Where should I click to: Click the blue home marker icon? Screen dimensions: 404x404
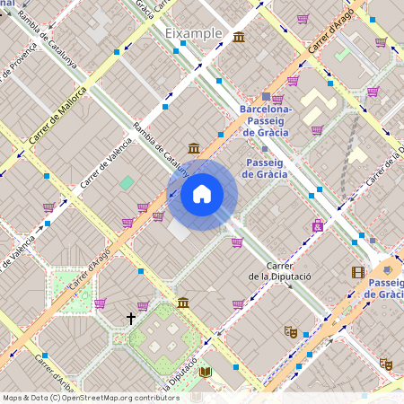(x=202, y=195)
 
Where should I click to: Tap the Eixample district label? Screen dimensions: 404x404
(x=193, y=33)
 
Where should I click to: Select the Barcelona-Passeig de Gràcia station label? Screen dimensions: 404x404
(x=266, y=118)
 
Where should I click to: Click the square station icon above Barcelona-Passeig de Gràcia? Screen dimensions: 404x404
(x=266, y=96)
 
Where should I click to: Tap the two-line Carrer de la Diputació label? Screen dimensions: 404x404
(x=279, y=271)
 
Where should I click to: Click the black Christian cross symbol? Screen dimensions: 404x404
(x=131, y=318)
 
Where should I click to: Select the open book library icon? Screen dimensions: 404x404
(x=206, y=372)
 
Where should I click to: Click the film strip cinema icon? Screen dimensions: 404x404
(x=358, y=272)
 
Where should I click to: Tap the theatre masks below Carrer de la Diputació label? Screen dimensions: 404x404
(x=290, y=331)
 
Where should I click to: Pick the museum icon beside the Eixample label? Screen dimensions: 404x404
(x=239, y=36)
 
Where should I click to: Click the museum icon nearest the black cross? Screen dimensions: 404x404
(x=183, y=303)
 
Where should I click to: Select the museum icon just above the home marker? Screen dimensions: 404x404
(x=194, y=148)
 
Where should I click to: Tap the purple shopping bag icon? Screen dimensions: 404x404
(x=316, y=225)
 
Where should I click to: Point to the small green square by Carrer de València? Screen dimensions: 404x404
(x=127, y=182)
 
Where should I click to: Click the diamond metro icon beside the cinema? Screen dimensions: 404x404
(x=386, y=268)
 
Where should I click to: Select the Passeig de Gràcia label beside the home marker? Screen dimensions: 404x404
(x=266, y=168)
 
